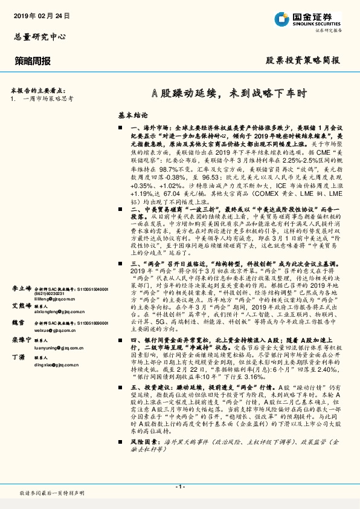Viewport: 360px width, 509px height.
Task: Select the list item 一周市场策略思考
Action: (48, 97)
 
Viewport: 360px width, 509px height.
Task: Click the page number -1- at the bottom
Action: (180, 487)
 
